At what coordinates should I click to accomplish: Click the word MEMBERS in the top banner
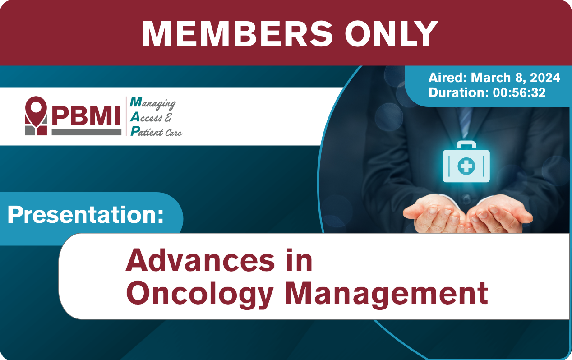pyautogui.click(x=237, y=34)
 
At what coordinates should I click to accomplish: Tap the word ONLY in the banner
pyautogui.click(x=391, y=34)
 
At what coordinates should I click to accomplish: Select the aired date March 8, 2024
pyautogui.click(x=515, y=78)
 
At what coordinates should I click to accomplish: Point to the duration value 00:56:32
pyautogui.click(x=519, y=92)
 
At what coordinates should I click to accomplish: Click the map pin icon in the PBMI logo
pyautogui.click(x=36, y=111)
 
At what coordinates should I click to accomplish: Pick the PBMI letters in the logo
pyautogui.click(x=86, y=116)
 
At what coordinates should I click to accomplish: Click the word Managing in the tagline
pyautogui.click(x=153, y=103)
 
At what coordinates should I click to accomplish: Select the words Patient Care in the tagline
pyautogui.click(x=156, y=131)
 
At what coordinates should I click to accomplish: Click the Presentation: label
pyautogui.click(x=86, y=215)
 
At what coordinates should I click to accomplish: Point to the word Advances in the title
pyautogui.click(x=200, y=260)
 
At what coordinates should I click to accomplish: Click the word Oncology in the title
pyautogui.click(x=200, y=294)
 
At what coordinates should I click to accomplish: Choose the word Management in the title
pyautogui.click(x=386, y=294)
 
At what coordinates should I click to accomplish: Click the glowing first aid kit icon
pyautogui.click(x=466, y=162)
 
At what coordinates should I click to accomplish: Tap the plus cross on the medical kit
pyautogui.click(x=466, y=166)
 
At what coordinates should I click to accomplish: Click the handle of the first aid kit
pyautogui.click(x=466, y=145)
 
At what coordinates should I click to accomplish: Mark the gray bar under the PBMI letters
pyautogui.click(x=87, y=132)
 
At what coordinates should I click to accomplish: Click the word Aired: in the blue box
pyautogui.click(x=447, y=78)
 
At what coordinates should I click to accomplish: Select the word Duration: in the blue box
pyautogui.click(x=459, y=92)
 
